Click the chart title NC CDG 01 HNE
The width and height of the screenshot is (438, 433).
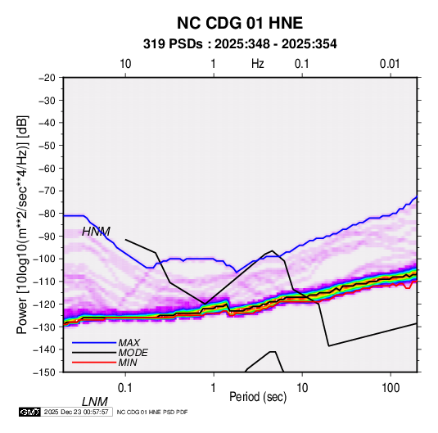coord(240,23)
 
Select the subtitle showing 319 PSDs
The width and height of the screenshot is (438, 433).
coord(240,44)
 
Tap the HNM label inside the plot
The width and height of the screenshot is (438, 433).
coord(96,232)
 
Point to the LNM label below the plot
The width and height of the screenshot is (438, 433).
coord(95,402)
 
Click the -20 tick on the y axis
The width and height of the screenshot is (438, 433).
coord(47,78)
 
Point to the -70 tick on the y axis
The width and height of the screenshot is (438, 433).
coord(47,191)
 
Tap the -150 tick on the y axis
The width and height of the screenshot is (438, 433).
coord(44,372)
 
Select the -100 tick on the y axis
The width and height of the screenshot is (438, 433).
coord(44,259)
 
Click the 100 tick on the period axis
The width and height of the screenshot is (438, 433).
coord(391,388)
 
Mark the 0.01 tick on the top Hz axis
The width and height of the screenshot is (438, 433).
coord(390,64)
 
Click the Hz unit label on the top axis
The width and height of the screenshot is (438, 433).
coord(258,64)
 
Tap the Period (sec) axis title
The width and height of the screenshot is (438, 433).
coord(258,397)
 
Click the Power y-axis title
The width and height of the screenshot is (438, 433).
coord(22,224)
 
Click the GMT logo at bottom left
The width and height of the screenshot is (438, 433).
coord(30,412)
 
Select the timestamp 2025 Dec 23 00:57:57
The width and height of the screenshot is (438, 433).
coord(76,412)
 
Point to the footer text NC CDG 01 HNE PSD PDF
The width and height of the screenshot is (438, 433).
coord(152,412)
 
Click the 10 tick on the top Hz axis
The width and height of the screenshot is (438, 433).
coord(125,64)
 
